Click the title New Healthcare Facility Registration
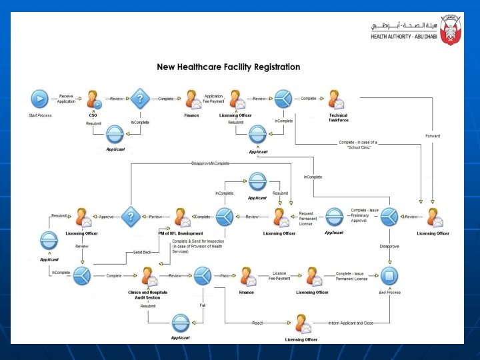[x=228, y=67]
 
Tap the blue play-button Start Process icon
[x=40, y=99]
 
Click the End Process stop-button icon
[x=389, y=275]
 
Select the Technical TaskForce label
[x=338, y=117]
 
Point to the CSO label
[x=93, y=115]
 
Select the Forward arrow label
[x=433, y=136]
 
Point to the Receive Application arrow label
[x=66, y=98]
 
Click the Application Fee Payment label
[x=213, y=98]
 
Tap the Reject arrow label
[x=257, y=323]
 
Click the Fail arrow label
[x=201, y=305]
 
